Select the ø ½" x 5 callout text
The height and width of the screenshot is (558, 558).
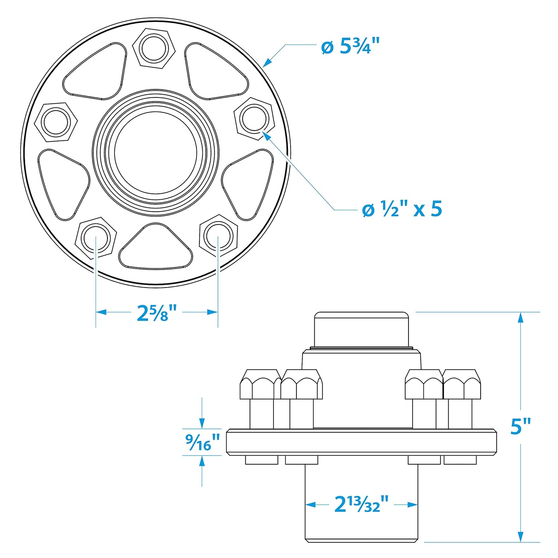402,209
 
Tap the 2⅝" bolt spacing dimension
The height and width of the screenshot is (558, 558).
157,312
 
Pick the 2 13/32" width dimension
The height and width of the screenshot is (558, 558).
361,504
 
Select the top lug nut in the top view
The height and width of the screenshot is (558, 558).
154,48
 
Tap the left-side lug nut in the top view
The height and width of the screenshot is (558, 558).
56,122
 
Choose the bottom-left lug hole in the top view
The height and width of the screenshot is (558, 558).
96,237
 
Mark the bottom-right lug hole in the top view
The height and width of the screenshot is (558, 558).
218,236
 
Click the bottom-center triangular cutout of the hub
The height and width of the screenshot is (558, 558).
156,248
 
